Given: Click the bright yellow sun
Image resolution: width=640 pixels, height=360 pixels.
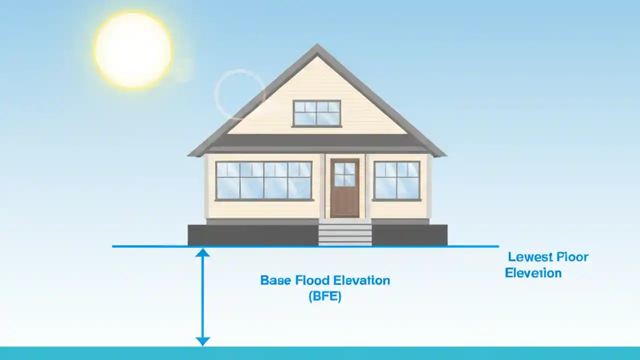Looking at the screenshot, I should click(x=133, y=49).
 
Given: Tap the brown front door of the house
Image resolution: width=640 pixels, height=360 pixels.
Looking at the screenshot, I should click(x=344, y=188).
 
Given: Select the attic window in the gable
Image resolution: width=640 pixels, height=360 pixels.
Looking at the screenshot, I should click(x=316, y=113).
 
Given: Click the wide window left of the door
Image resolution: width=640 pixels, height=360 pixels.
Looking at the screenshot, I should click(x=263, y=180).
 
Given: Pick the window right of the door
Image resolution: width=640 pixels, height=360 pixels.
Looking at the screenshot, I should click(x=396, y=180).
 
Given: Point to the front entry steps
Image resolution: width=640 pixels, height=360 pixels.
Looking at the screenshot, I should click(x=345, y=234).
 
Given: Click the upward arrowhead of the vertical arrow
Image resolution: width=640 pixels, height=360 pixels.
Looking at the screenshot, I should click(x=202, y=252).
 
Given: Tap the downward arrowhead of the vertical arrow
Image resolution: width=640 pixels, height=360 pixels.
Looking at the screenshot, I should click(x=202, y=341).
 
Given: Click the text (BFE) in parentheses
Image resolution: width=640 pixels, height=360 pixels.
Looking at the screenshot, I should click(x=325, y=296).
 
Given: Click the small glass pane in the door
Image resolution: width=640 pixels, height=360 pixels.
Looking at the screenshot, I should click(x=344, y=174).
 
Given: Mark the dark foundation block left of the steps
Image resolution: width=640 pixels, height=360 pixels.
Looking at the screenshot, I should click(x=253, y=235).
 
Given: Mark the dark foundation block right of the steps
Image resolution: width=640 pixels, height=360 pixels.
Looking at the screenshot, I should click(x=409, y=235).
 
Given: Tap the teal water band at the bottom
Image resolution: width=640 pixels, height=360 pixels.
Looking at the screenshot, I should click(x=320, y=353).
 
